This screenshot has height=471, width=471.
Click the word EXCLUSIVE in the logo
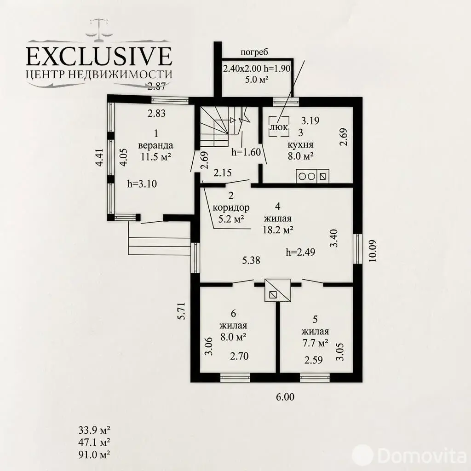[99, 56]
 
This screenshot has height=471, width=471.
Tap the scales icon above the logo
[99, 30]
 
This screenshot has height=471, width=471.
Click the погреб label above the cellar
[254, 52]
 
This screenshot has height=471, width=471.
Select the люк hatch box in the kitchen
[279, 126]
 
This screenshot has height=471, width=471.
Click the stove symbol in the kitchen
[312, 176]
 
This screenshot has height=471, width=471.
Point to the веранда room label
[155, 145]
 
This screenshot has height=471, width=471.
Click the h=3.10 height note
[142, 184]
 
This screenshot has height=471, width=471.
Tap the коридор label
[231, 207]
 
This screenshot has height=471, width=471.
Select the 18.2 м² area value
[278, 230]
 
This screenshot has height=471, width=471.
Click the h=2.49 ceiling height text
[301, 252]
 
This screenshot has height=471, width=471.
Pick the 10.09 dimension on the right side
[373, 251]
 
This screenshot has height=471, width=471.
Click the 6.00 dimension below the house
[285, 397]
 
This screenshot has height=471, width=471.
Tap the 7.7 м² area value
[315, 343]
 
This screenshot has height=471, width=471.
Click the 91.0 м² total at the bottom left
[94, 454]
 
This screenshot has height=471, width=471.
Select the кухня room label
[300, 144]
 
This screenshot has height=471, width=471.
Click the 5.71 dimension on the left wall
[182, 310]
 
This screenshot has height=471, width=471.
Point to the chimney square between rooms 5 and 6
[278, 290]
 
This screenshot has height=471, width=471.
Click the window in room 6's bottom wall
[235, 378]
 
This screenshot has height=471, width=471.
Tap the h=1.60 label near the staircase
[246, 152]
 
